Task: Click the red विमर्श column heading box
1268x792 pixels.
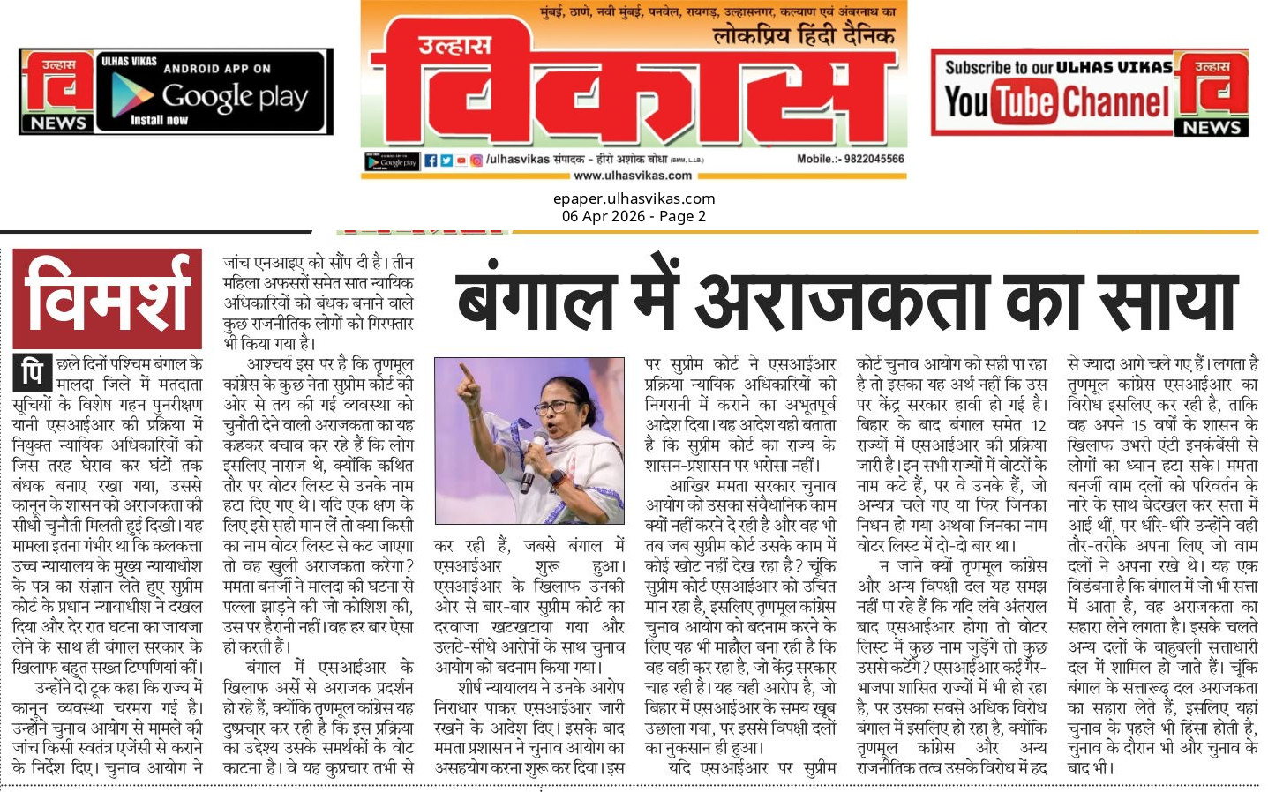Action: click(x=107, y=299)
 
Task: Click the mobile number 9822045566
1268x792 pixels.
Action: click(x=868, y=160)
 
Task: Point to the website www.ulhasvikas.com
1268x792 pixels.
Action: click(x=633, y=176)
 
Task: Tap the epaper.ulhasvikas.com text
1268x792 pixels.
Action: click(x=634, y=199)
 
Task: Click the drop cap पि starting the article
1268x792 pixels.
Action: click(x=33, y=372)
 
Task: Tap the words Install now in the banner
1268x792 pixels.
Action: click(x=159, y=120)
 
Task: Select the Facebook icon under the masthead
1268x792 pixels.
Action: click(x=431, y=161)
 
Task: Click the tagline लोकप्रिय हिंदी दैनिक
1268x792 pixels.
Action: click(x=803, y=36)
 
